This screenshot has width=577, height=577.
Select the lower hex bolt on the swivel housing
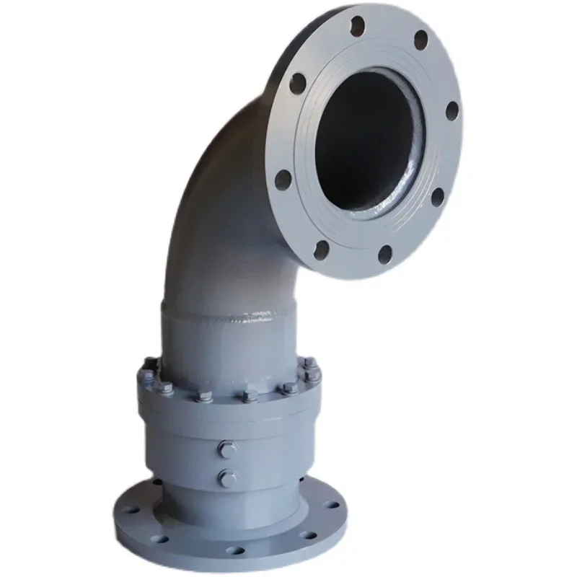click(227, 477)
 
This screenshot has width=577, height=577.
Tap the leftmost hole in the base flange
click(131, 509)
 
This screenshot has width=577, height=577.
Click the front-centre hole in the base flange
click(235, 551)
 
